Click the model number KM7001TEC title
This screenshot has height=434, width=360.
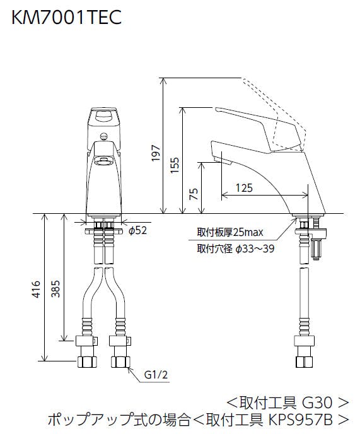[x=66, y=18]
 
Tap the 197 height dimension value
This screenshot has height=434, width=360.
[x=156, y=153]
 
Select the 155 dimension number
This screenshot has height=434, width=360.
[x=175, y=165]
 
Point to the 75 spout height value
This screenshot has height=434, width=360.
[x=194, y=194]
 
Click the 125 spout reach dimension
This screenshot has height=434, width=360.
[x=244, y=188]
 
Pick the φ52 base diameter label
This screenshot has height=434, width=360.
[x=137, y=230]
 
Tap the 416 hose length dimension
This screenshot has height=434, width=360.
[x=37, y=290]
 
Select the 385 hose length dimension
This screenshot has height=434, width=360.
[x=56, y=289]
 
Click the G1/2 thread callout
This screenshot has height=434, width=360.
[x=156, y=375]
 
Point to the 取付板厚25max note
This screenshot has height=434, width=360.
[x=230, y=232]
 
